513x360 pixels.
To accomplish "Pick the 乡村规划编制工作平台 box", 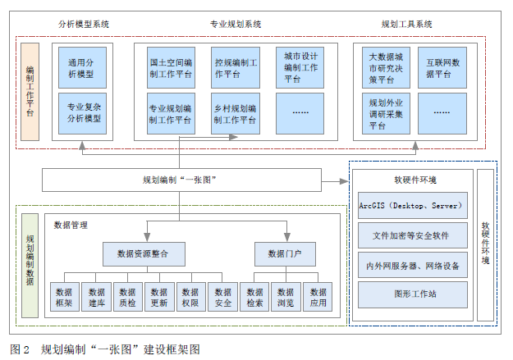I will pos(236,113).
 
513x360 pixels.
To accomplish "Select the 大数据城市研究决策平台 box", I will pos(387,68).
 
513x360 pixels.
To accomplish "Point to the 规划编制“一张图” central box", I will pos(180,180).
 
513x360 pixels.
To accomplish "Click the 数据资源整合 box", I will pos(143,254).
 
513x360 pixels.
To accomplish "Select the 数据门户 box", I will pos(285,254).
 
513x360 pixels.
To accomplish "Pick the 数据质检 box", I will pos(127,298).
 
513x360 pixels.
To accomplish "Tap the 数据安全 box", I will pos(222,298).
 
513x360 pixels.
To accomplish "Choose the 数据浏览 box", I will pos(286,298).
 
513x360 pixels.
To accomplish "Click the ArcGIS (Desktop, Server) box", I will pos(413,205).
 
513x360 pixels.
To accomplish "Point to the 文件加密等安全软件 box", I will pos(413,235).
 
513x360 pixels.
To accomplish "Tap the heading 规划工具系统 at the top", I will pos(407,25).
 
